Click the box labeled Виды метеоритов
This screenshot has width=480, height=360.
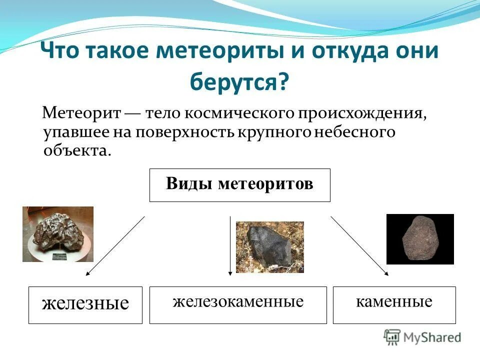tap(240, 185)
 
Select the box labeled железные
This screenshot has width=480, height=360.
tap(85, 304)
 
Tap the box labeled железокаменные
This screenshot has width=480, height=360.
tap(238, 304)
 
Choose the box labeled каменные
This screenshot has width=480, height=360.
tap(394, 304)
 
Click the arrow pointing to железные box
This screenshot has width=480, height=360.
tap(115, 245)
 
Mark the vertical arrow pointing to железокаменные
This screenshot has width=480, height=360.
tap(230, 245)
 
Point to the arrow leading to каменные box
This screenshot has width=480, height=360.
tap(359, 245)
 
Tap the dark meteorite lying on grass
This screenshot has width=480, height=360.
tap(269, 246)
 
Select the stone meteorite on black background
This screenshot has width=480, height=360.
tap(420, 238)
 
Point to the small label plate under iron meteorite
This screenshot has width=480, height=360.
tap(60, 256)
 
